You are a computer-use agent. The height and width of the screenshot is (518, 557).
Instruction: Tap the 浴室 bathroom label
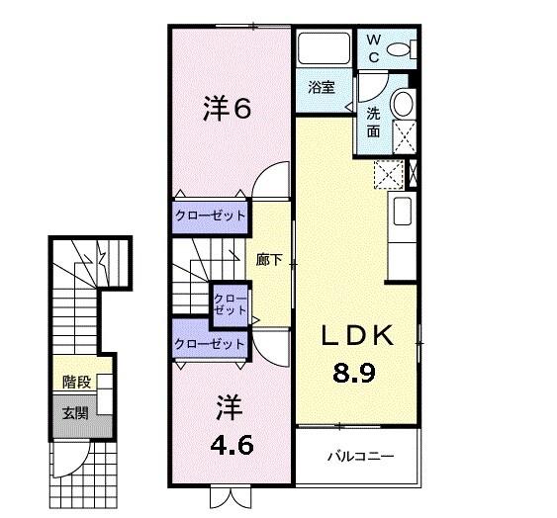pyautogui.click(x=321, y=87)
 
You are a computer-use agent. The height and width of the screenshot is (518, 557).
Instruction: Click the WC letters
pyautogui.click(x=374, y=47)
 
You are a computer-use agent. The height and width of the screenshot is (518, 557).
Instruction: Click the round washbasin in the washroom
pyautogui.click(x=403, y=104)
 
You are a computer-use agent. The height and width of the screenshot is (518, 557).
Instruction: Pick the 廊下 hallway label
pyautogui.click(x=269, y=261)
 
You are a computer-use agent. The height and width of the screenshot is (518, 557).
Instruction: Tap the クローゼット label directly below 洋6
pyautogui.click(x=210, y=215)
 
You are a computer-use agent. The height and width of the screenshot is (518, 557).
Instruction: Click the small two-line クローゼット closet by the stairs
pyautogui.click(x=230, y=302)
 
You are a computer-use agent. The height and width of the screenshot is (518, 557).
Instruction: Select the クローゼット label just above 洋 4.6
pyautogui.click(x=210, y=344)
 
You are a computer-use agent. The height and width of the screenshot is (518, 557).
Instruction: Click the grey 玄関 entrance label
pyautogui.click(x=75, y=412)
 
